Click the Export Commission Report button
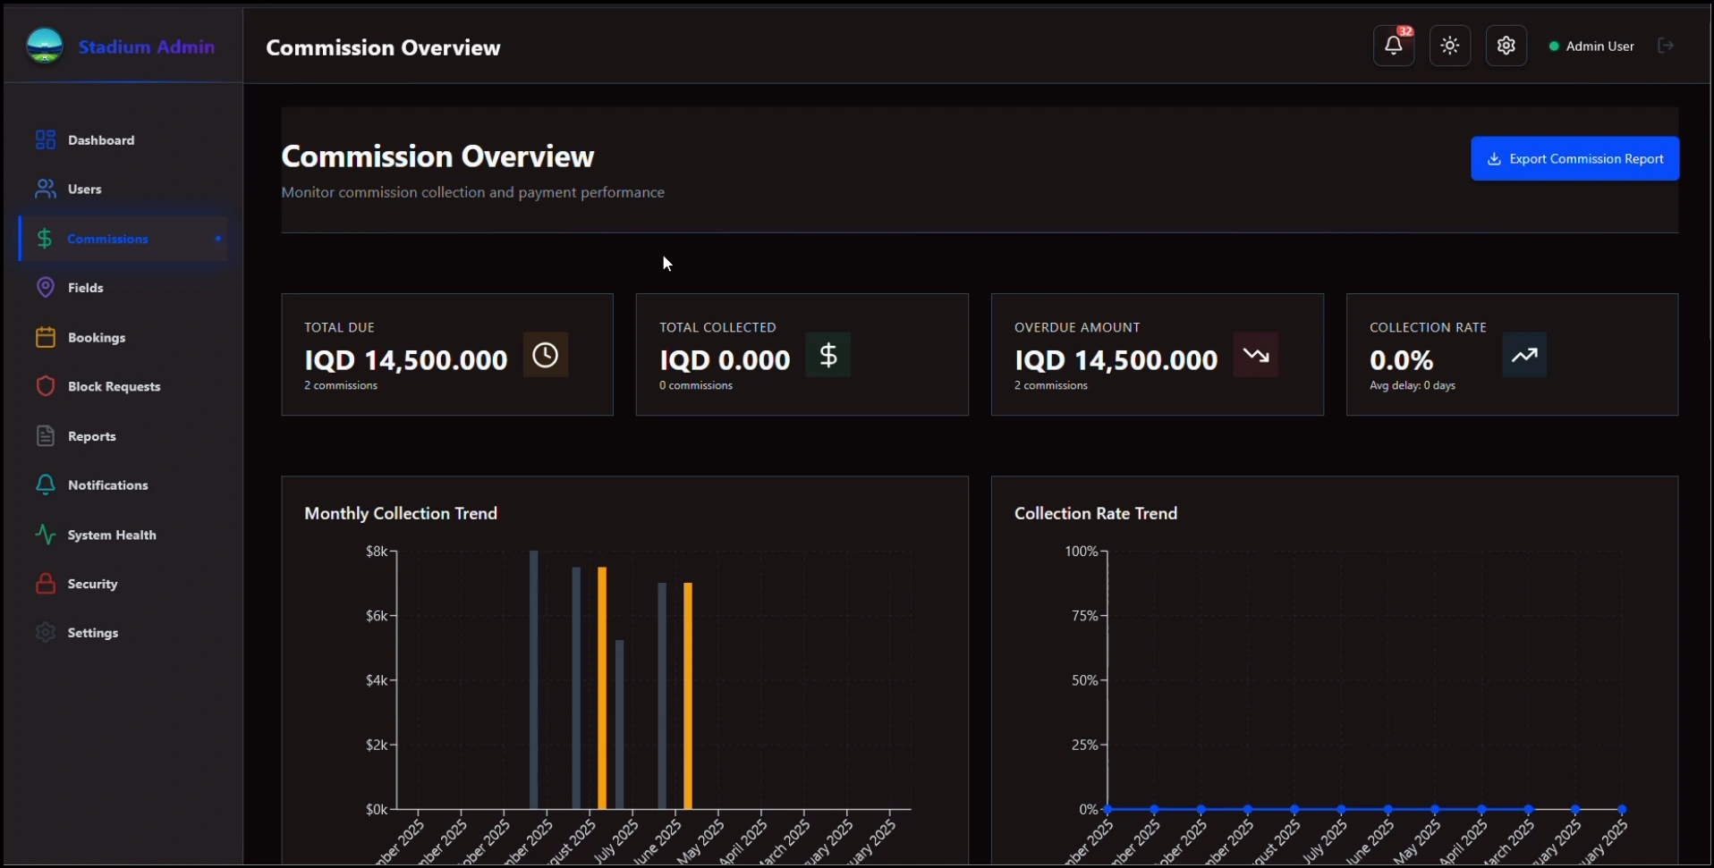coord(1574,158)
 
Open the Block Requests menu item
coord(114,386)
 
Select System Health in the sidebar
coord(111,535)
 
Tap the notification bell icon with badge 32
coord(1393,46)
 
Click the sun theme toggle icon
coord(1449,46)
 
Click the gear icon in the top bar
coord(1506,46)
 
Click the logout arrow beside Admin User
coord(1665,46)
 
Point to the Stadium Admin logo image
coord(45,46)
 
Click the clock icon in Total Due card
coord(545,355)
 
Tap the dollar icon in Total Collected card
coord(827,355)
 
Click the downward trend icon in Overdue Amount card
coord(1255,355)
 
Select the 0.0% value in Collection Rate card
coord(1401,360)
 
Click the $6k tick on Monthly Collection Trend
coord(377,616)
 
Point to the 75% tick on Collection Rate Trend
coord(1084,616)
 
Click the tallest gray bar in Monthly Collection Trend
coord(534,679)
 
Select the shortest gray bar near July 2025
coord(619,724)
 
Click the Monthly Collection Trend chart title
coord(400,513)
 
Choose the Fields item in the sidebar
coord(85,288)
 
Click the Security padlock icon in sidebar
coord(45,584)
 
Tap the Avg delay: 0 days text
coord(1412,385)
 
